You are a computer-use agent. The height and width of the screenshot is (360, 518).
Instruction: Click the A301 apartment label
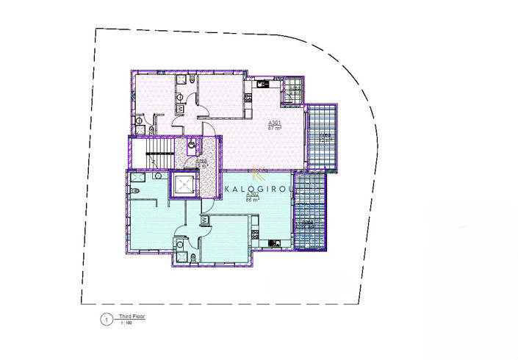click(x=276, y=122)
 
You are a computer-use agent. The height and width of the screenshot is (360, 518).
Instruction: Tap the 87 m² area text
click(x=276, y=128)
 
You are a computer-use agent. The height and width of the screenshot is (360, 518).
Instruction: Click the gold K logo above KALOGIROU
click(x=258, y=174)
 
